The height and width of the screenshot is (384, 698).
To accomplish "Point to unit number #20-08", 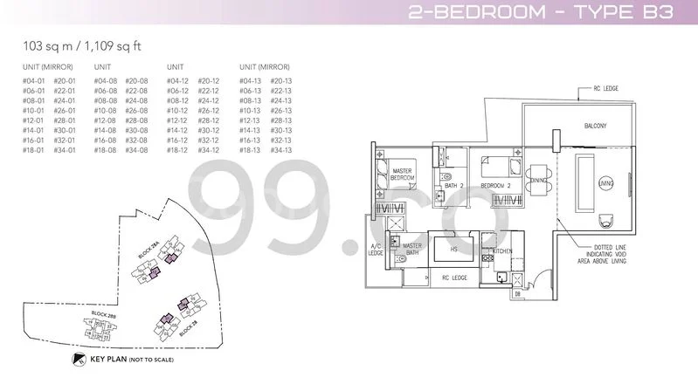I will pyautogui.click(x=135, y=80).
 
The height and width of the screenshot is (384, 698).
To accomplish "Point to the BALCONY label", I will pyautogui.click(x=596, y=127).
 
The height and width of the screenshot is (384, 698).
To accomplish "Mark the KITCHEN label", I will pyautogui.click(x=502, y=251).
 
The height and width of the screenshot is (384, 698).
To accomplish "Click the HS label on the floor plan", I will pyautogui.click(x=453, y=250).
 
